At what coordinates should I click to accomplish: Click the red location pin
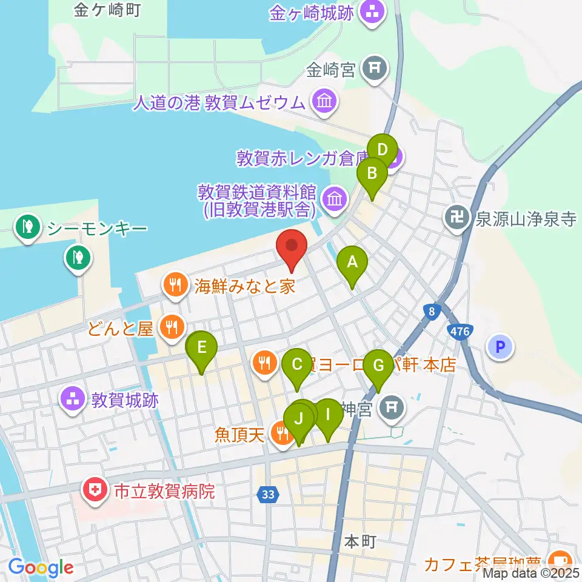click(x=292, y=248)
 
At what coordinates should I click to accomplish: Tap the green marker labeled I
click(x=328, y=416)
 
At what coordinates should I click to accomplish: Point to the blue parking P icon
click(x=501, y=347)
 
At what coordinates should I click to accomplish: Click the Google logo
click(x=41, y=567)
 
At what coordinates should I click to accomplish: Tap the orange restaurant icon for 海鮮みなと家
click(x=176, y=284)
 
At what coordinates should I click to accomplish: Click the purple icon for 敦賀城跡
click(x=72, y=400)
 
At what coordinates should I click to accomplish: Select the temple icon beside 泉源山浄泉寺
click(x=458, y=218)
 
